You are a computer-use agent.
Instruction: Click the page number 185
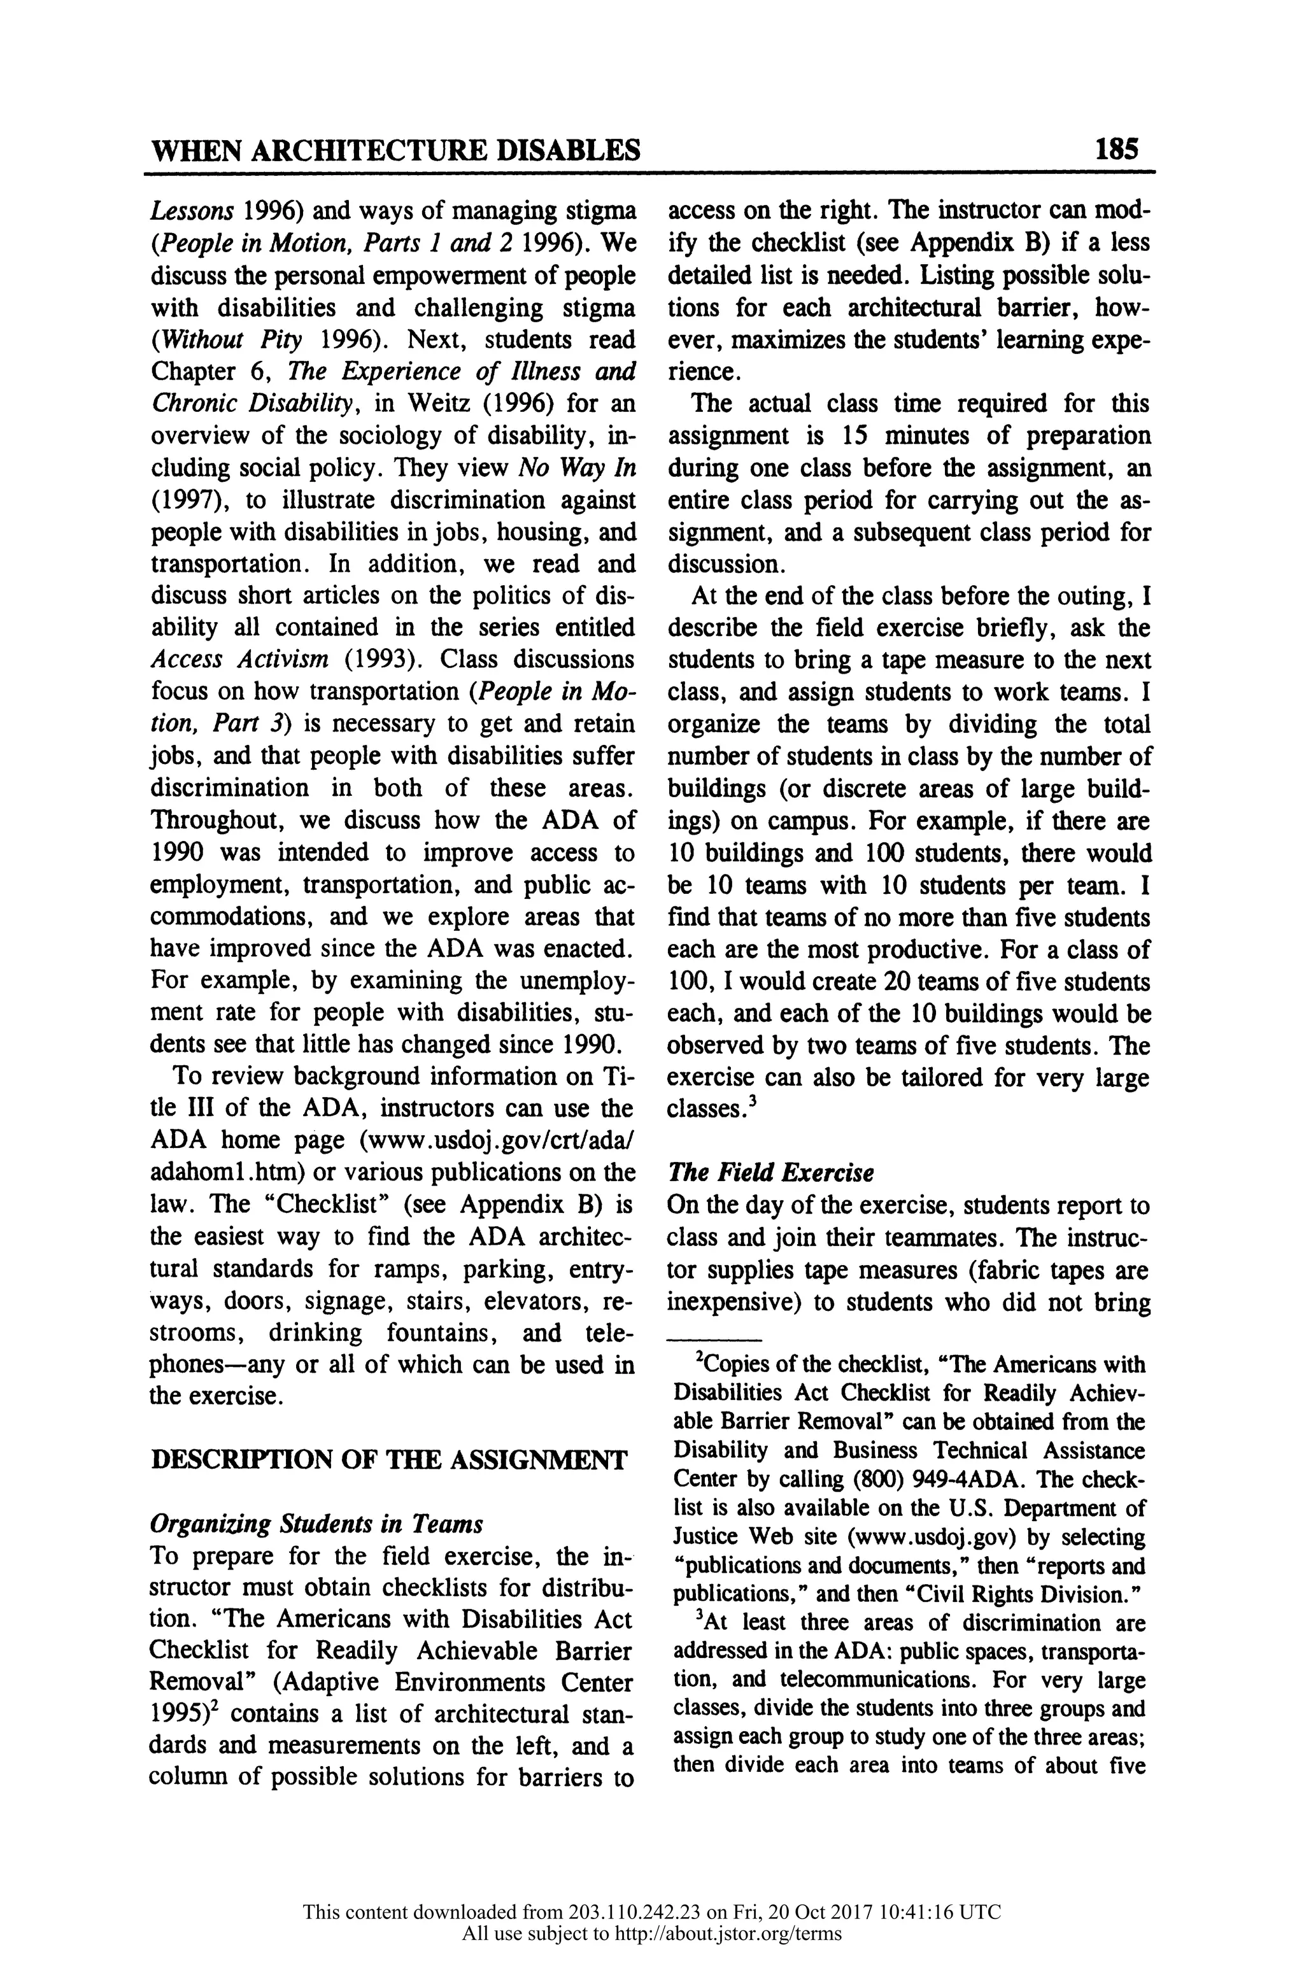coord(1116,150)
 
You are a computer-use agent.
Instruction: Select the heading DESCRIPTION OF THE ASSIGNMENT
coord(388,1459)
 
